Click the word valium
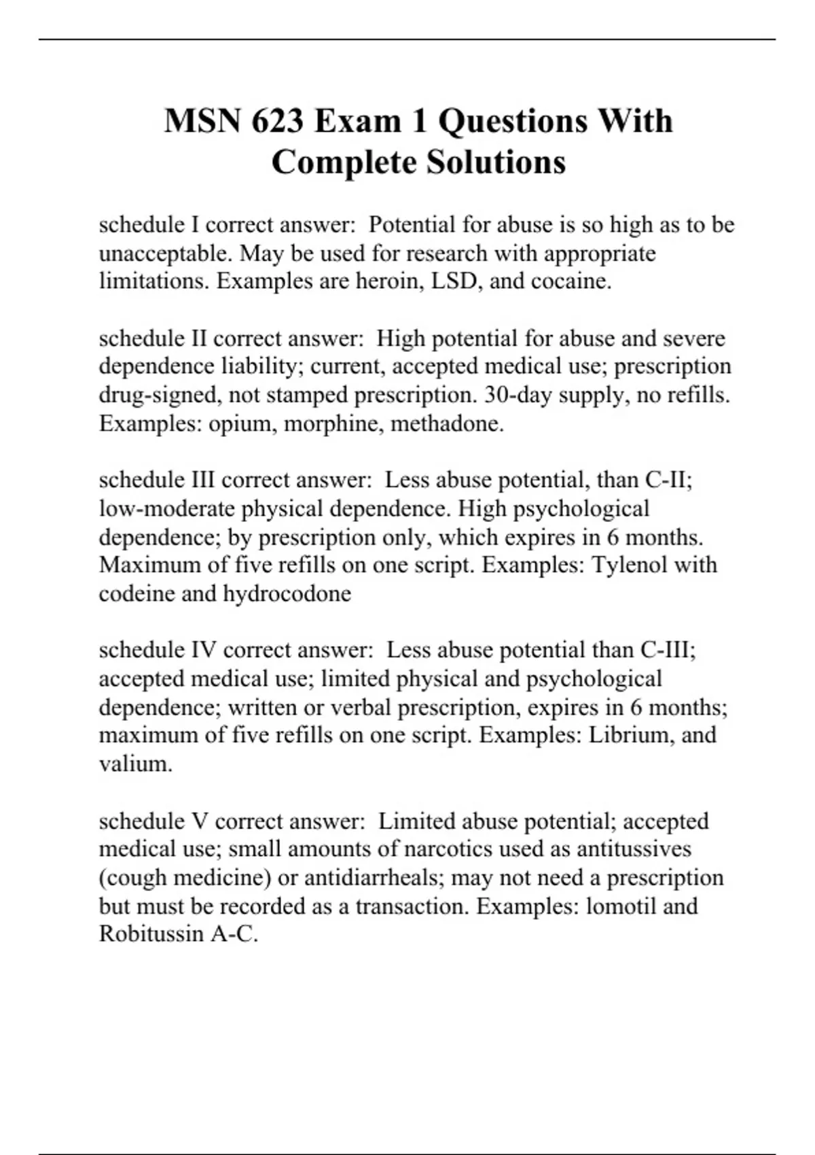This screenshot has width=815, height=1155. pyautogui.click(x=135, y=764)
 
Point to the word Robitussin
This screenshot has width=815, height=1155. pyautogui.click(x=151, y=934)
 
